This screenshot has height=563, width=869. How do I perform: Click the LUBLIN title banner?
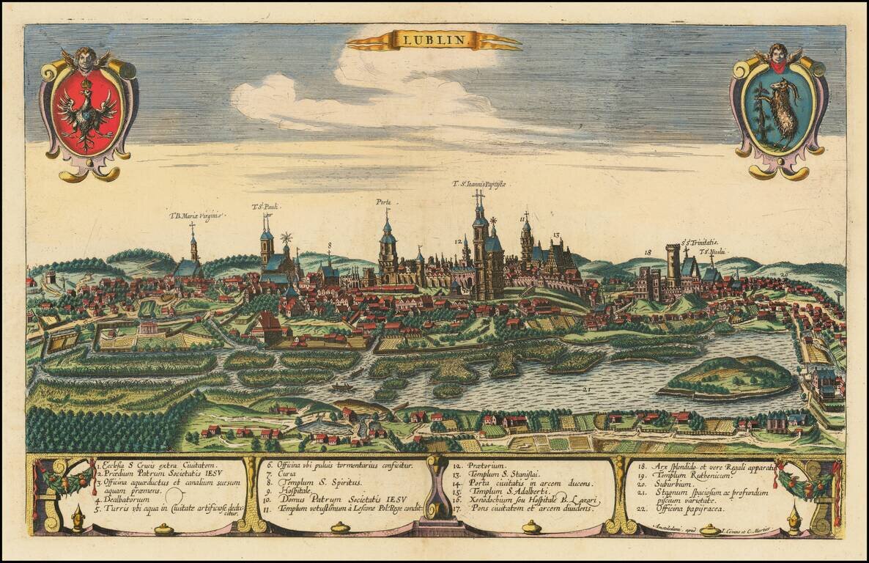click(x=434, y=40)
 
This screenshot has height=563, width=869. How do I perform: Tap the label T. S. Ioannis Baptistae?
click(x=480, y=184)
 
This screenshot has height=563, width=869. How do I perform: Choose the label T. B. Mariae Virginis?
click(x=196, y=216)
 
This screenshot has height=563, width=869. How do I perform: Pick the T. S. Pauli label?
click(x=266, y=207)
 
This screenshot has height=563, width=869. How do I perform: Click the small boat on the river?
click(x=341, y=386)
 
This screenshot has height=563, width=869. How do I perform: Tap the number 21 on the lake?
click(x=586, y=389)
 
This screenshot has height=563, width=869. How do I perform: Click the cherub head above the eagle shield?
click(x=86, y=59)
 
